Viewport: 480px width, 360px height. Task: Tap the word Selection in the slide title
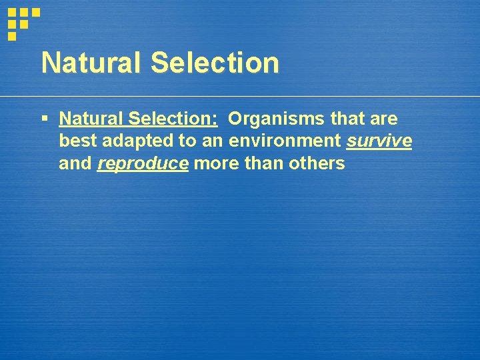click(215, 63)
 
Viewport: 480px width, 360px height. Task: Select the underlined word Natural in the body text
click(91, 119)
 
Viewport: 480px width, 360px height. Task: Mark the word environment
click(285, 141)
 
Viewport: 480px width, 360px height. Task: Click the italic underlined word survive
click(379, 141)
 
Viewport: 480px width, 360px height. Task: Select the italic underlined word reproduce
click(143, 164)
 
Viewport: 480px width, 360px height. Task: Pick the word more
click(215, 163)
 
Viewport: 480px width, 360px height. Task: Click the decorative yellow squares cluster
click(22, 21)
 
